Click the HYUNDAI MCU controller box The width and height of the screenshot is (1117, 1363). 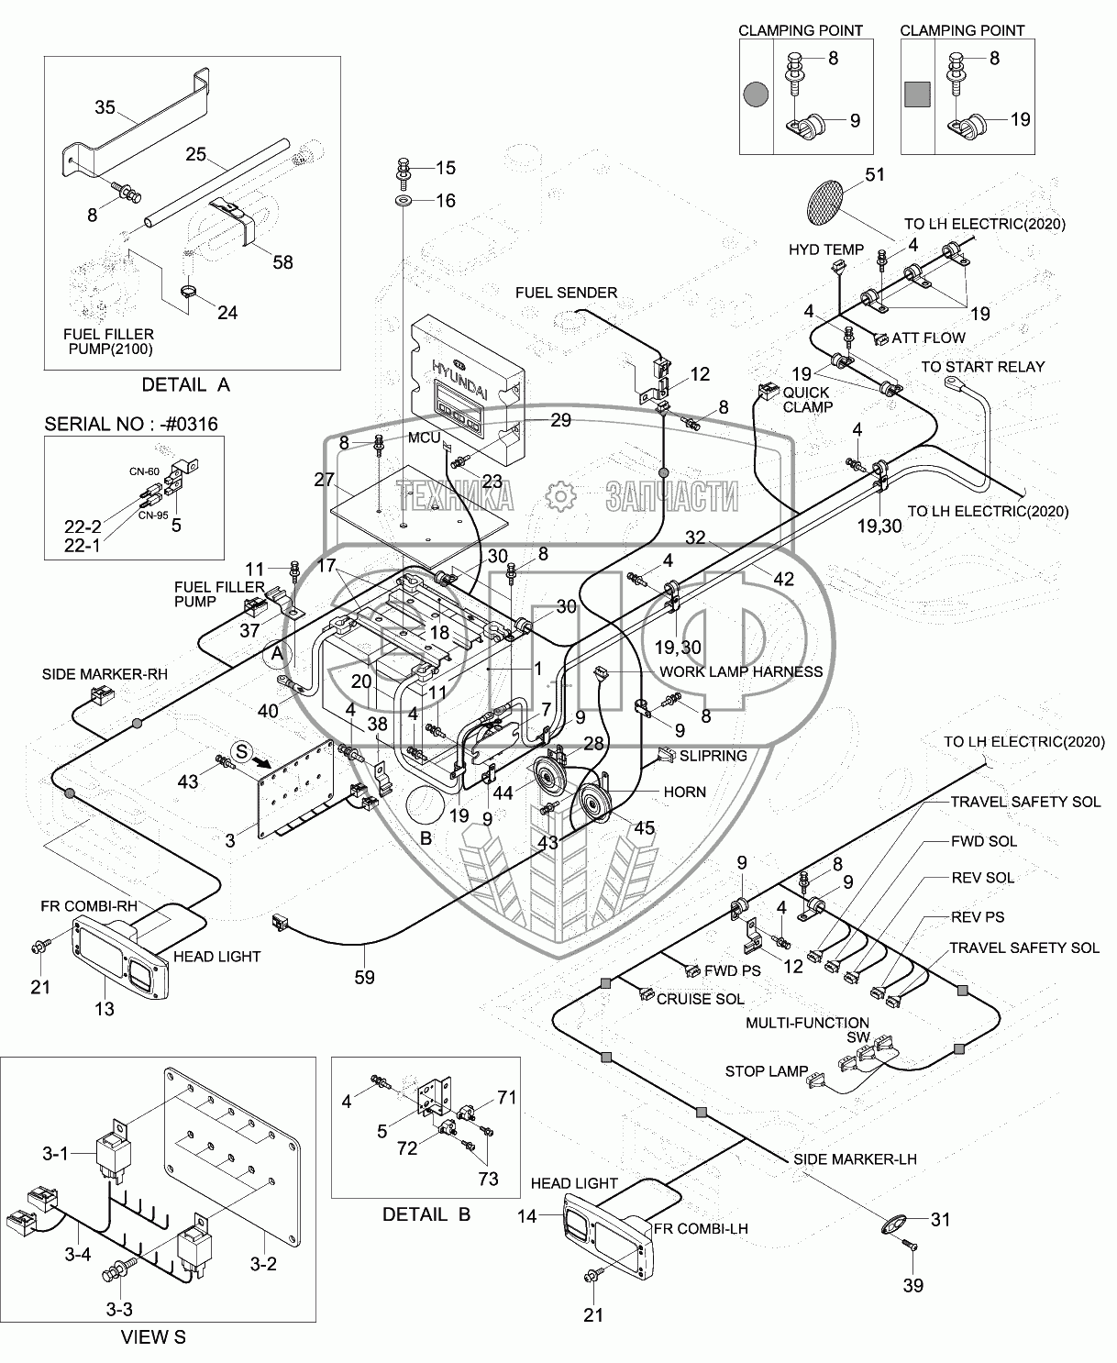point(467,390)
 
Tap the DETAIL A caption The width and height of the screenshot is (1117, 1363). point(185,385)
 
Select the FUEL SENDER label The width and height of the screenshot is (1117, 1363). point(566,293)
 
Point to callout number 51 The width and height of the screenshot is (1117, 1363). point(874,174)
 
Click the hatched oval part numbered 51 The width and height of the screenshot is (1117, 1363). point(825,201)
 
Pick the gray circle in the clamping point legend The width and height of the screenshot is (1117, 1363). point(756,94)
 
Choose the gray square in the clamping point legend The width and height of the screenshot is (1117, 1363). point(917,94)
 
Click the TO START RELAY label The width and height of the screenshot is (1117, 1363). point(982,367)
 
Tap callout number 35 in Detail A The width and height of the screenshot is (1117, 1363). point(105,107)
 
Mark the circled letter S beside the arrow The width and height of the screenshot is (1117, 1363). point(242,751)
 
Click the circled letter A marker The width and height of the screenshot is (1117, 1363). point(277,653)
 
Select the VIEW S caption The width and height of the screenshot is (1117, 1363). point(153,1337)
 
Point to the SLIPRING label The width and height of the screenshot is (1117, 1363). point(713,756)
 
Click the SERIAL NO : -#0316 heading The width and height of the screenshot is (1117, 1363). point(131,424)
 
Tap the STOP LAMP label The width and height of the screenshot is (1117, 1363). point(766,1071)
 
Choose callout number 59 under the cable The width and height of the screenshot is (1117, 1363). point(364,977)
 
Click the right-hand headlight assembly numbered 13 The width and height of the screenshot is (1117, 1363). point(121,958)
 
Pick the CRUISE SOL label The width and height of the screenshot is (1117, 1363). point(700,999)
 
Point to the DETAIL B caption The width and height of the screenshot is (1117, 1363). point(426,1214)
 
